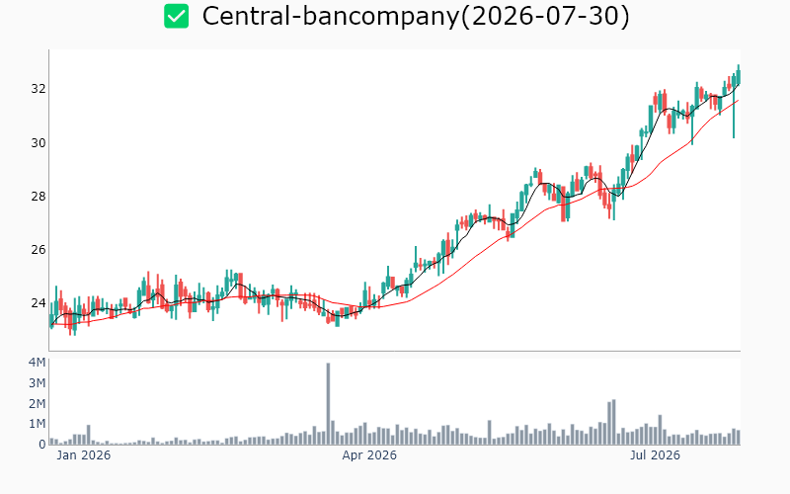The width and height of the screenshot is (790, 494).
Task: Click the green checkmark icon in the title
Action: [177, 16]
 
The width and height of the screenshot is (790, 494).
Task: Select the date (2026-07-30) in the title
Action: [545, 16]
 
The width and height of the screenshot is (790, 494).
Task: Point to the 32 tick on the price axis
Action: [39, 89]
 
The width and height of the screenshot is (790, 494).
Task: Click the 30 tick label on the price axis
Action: [39, 143]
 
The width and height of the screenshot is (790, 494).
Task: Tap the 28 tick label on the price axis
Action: [39, 197]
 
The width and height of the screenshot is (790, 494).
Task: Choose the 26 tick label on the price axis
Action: [39, 250]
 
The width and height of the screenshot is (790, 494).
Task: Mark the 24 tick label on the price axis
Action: [39, 303]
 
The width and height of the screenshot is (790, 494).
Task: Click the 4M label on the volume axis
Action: [37, 363]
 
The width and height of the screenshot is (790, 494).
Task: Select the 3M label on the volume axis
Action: [37, 383]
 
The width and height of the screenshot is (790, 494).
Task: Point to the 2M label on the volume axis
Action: [37, 404]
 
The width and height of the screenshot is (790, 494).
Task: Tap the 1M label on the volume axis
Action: [37, 424]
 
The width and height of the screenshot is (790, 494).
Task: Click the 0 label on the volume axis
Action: [42, 445]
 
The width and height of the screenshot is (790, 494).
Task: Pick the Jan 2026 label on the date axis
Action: [84, 455]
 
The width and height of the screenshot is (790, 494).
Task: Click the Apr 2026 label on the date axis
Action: [369, 455]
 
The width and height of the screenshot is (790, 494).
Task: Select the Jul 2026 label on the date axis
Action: [655, 455]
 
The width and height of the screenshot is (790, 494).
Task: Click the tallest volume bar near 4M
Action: [328, 404]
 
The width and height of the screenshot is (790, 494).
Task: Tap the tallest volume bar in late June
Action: [613, 423]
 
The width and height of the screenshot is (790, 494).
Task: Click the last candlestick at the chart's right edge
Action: [739, 76]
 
